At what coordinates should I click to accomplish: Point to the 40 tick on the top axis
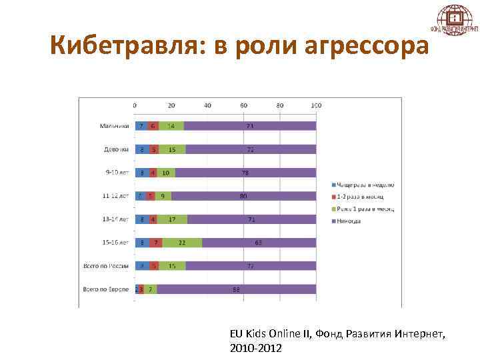click(207, 105)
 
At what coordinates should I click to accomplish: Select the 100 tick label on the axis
click(316, 105)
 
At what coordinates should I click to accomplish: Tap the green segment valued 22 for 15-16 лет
click(182, 243)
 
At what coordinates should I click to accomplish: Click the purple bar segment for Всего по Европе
click(236, 289)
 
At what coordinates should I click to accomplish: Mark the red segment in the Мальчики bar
click(153, 125)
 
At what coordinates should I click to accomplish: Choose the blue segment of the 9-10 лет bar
click(141, 173)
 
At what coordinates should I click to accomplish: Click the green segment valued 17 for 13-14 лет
click(172, 219)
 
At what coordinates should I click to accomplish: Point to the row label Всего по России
click(106, 266)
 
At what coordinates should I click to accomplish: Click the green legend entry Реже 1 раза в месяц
click(366, 209)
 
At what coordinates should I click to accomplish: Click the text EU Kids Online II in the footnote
click(266, 333)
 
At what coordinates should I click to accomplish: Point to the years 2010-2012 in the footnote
click(255, 348)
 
